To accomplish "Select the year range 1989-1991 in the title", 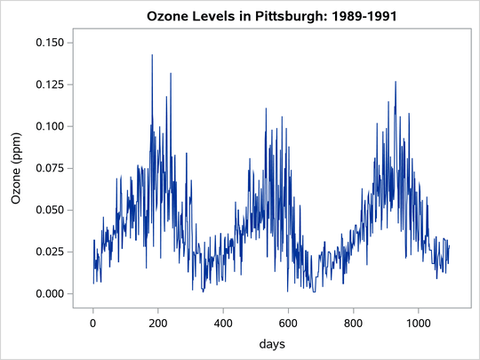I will pyautogui.click(x=342, y=15).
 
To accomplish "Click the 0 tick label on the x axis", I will pyautogui.click(x=93, y=324).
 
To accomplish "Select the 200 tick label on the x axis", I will pyautogui.click(x=158, y=324).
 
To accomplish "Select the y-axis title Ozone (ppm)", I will pyautogui.click(x=17, y=167).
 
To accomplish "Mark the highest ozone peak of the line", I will pyautogui.click(x=152, y=55).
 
